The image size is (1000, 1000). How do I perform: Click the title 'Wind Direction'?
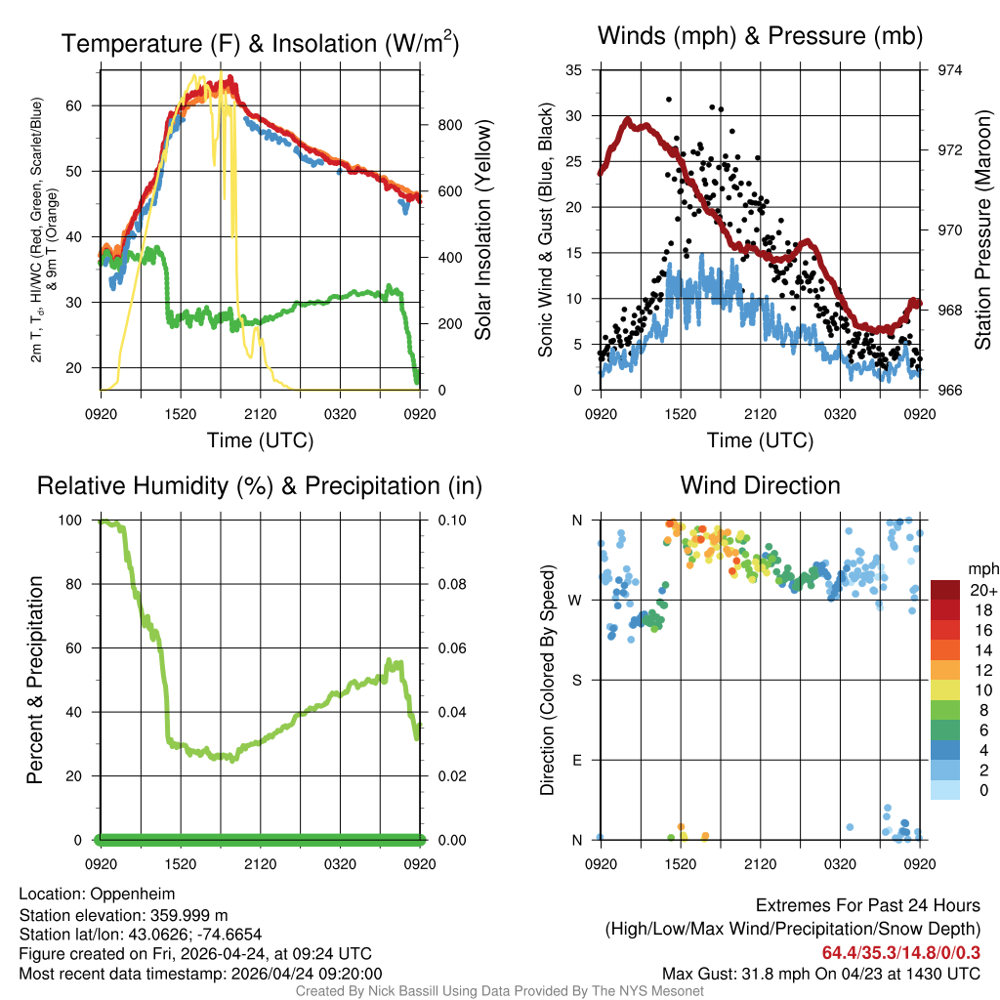coord(760,485)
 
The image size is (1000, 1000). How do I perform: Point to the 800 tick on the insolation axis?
coord(442,125)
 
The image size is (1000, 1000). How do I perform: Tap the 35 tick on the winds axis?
coord(574,70)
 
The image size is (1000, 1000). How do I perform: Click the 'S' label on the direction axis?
coord(577,680)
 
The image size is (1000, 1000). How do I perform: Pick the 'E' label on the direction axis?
coord(577,760)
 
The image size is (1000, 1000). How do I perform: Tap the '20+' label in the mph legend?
coord(980,590)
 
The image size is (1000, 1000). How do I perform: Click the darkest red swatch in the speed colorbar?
coord(945,590)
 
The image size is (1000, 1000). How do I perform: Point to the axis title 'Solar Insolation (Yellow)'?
coord(483,230)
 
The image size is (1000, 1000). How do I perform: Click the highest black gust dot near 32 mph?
coord(669,99)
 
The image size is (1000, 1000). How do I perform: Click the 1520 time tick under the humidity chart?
coord(180,864)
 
